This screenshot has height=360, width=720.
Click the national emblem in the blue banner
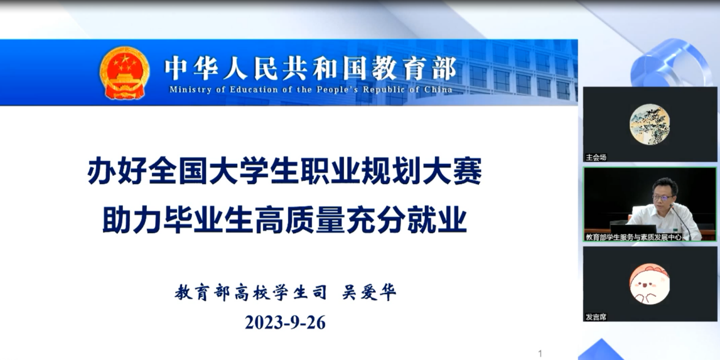tap(125, 73)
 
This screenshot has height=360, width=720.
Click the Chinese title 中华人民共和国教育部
tap(311, 68)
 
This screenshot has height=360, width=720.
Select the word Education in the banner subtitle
tap(254, 89)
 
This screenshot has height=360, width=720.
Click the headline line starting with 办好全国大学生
tap(284, 171)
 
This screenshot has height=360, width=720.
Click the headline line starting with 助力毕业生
tap(284, 220)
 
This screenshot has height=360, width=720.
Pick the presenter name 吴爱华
tap(369, 292)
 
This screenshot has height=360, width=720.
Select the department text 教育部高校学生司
tap(251, 292)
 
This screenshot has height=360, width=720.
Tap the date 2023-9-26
tap(285, 322)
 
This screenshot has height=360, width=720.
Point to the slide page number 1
tap(540, 354)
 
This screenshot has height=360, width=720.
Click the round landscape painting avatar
tap(649, 125)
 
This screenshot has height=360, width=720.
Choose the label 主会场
tap(596, 157)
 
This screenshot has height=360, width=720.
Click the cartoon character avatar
tap(649, 284)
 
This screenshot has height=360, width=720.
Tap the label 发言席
tap(596, 317)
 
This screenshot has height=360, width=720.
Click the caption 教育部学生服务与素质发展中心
tap(633, 237)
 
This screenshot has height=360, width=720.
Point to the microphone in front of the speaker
tap(681, 222)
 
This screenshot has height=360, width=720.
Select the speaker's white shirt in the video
tap(665, 222)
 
